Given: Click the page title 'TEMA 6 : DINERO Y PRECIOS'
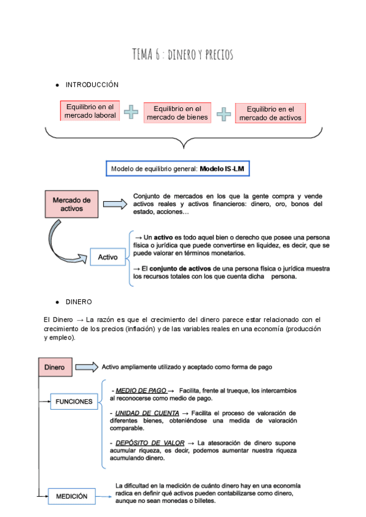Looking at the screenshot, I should tap(182, 55).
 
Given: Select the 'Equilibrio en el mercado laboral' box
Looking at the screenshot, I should tap(90, 110).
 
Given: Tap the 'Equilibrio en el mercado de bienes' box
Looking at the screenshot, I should tap(178, 113).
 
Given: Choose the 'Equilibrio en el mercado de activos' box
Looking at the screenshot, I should tap(270, 113).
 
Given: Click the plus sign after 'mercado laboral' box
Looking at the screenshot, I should tap(131, 112).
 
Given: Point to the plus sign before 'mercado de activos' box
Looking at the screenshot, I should tap(224, 114).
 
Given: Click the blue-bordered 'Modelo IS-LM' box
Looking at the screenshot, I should tap(178, 168).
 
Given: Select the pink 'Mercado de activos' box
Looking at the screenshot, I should tap(71, 204).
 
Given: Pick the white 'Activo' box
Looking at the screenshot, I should tap(108, 257).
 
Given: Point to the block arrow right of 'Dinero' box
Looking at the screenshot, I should tap(86, 367).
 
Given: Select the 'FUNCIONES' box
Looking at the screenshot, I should tap(74, 402).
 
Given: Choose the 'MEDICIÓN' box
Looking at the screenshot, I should tap(76, 496).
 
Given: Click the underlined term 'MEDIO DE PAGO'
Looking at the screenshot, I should tap(140, 390).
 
